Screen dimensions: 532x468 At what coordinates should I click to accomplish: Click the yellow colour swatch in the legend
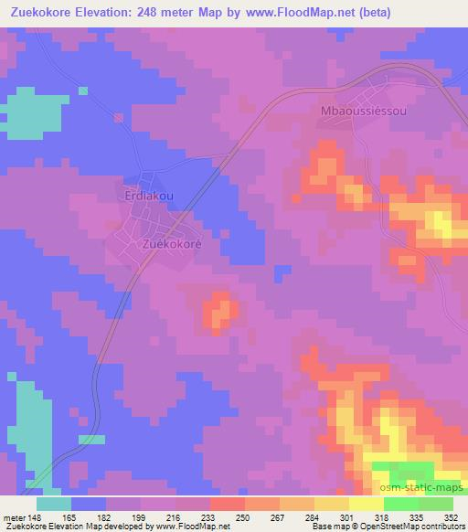[x=366, y=505]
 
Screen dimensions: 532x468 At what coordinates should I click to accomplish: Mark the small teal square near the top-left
[x=83, y=90]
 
